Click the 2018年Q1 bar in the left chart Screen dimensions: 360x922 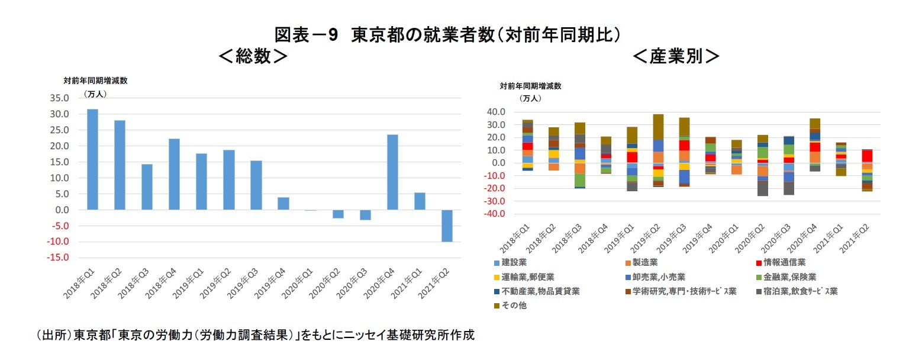coord(92,159)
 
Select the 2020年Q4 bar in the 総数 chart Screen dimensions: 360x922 coord(392,172)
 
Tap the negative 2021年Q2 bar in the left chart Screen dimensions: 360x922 coord(447,226)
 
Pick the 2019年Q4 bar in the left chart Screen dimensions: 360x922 coord(283,203)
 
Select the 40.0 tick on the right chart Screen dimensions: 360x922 coord(494,112)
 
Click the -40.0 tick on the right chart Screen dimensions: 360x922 coord(492,214)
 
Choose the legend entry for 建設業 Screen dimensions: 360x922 coord(514,262)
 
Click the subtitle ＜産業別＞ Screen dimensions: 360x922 coord(676,56)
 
